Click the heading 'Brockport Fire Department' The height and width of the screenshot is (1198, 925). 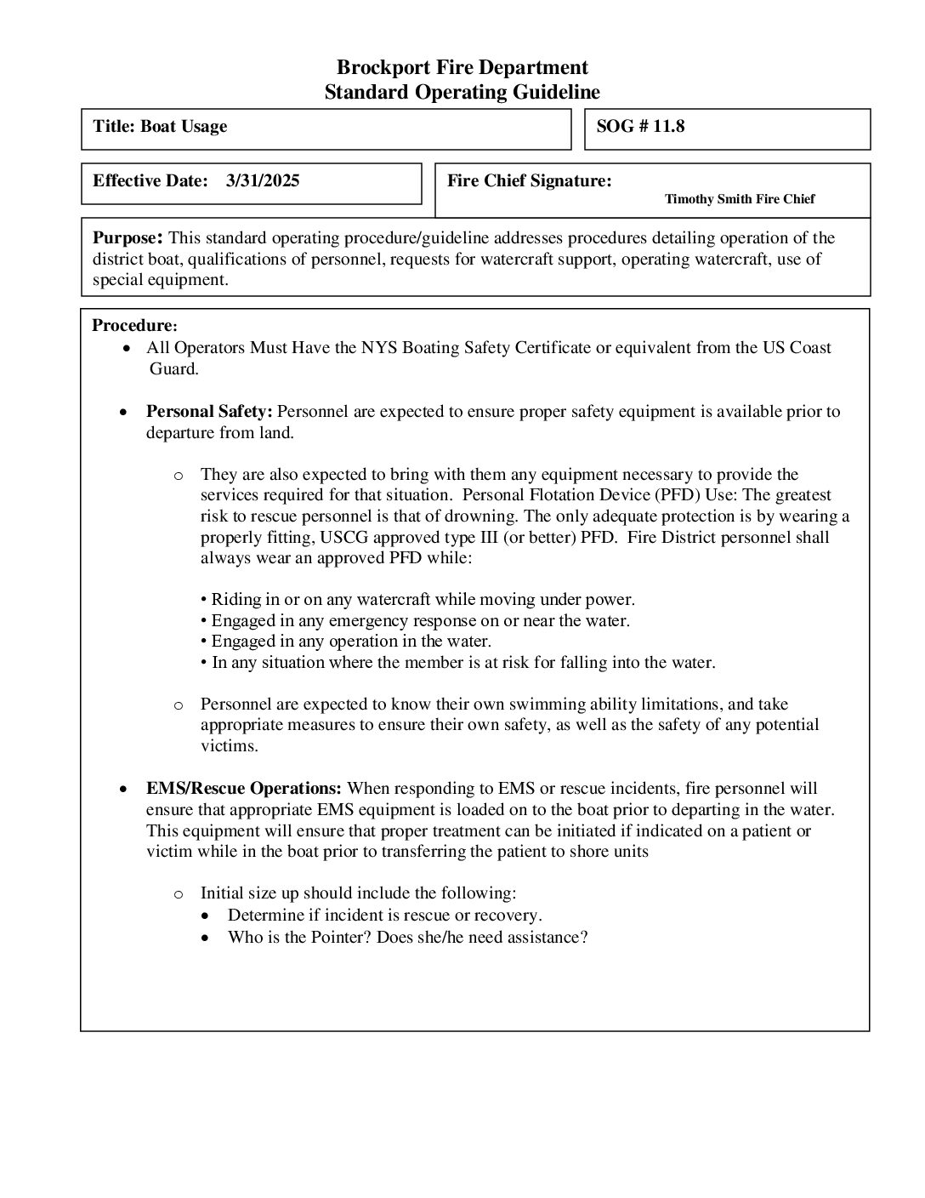[462, 67]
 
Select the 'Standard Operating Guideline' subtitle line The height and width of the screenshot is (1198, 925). [462, 92]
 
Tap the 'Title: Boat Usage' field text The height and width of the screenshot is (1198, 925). [160, 127]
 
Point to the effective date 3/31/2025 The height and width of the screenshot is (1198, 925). [263, 180]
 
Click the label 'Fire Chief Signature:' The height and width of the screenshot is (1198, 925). [529, 180]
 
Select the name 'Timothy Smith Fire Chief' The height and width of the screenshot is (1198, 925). [739, 199]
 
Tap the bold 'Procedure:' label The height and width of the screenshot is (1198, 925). [134, 325]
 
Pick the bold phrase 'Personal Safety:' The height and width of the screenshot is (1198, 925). [209, 412]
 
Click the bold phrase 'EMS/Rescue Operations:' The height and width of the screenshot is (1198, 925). [244, 789]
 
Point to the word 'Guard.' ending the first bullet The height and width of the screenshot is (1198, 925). [174, 369]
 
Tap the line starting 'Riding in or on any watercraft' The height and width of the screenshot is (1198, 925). [423, 600]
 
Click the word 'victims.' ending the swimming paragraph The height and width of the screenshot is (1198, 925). [229, 746]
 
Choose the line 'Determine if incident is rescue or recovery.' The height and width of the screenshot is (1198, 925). [384, 916]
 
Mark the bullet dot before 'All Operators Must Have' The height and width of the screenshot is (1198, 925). [127, 349]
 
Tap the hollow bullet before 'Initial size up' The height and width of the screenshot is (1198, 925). [179, 894]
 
